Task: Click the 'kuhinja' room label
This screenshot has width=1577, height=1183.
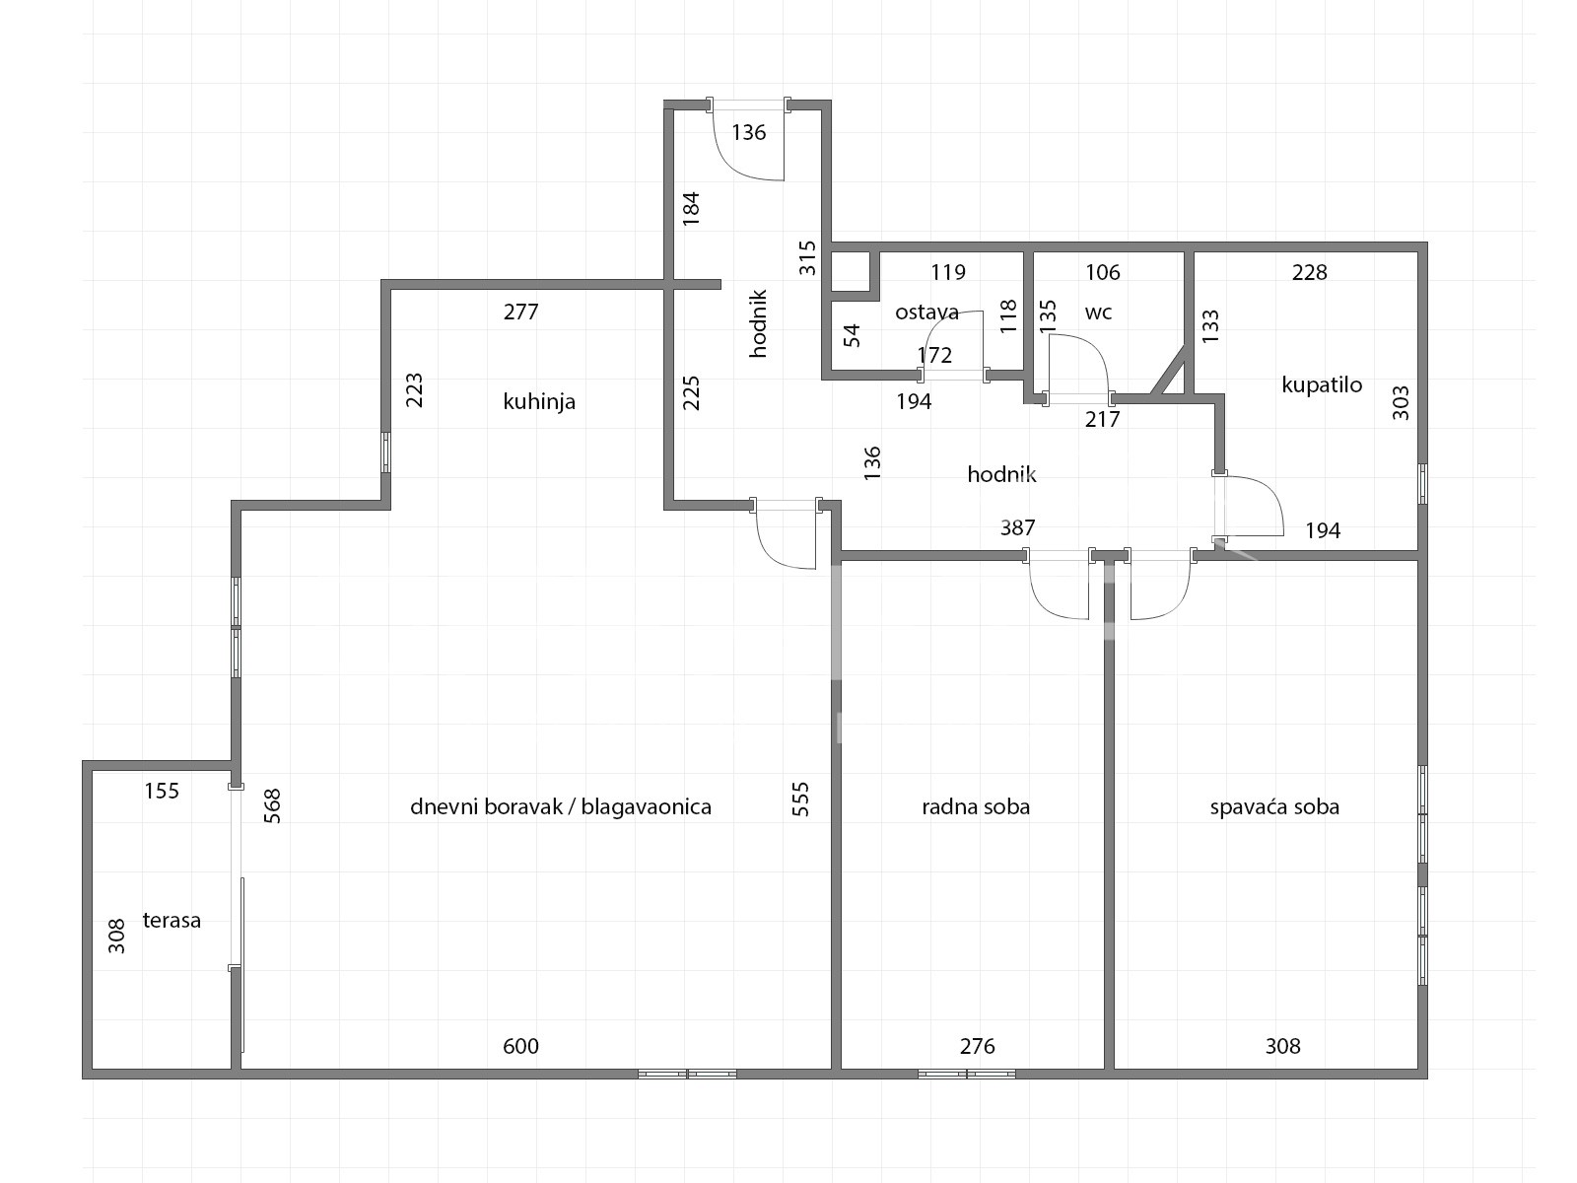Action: [x=539, y=401]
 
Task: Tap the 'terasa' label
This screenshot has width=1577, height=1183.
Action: [x=171, y=920]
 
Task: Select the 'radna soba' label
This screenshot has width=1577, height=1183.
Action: [x=976, y=806]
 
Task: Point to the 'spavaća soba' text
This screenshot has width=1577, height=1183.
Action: [x=1274, y=806]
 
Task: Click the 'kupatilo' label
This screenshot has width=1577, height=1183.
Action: [x=1322, y=385]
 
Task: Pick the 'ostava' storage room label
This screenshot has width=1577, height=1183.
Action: [x=926, y=312]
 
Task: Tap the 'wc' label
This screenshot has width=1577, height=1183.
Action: [x=1099, y=313]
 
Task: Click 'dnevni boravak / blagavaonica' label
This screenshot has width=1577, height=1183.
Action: [x=561, y=806]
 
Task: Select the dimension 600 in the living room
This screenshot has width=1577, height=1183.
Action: [x=520, y=1046]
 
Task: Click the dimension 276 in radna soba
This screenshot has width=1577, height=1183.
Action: [x=977, y=1046]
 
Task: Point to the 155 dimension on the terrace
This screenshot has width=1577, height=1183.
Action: [x=162, y=791]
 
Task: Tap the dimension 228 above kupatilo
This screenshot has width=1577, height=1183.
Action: [x=1309, y=272]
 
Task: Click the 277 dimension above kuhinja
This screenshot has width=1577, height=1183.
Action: [x=520, y=312]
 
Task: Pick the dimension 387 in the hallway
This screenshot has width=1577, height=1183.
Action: [x=1018, y=528]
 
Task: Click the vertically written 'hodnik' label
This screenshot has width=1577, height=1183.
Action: [x=759, y=323]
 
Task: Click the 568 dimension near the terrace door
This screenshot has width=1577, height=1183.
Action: [x=272, y=805]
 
